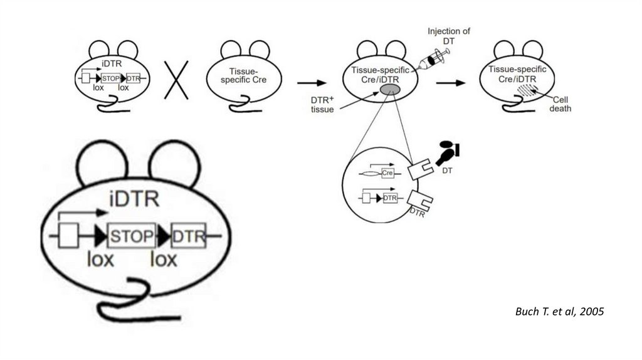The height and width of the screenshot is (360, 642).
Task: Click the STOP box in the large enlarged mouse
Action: [x=132, y=236]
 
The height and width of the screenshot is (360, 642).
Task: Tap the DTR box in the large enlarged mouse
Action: [x=188, y=236]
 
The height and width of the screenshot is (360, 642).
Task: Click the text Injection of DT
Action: [x=449, y=35]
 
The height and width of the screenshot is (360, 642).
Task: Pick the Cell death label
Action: [x=560, y=103]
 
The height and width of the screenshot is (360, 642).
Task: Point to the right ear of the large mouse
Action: [x=173, y=162]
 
